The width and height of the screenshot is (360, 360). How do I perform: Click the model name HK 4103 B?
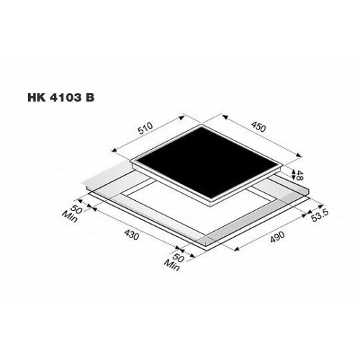(x=61, y=98)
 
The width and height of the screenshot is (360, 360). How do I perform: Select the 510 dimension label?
(x=145, y=128)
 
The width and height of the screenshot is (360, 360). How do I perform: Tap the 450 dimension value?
(x=258, y=127)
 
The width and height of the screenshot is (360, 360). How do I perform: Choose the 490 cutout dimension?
(x=277, y=237)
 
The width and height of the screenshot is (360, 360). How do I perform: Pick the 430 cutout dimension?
(x=131, y=234)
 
